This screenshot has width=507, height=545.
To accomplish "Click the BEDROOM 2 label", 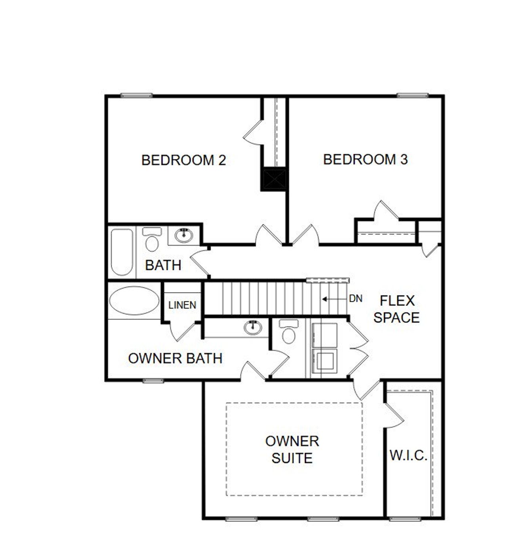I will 183,160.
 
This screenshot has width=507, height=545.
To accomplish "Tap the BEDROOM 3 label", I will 365,159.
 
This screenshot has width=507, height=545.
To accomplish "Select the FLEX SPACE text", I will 396,309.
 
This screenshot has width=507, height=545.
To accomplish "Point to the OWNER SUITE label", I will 292,449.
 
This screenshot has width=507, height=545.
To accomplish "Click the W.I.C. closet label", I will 408,455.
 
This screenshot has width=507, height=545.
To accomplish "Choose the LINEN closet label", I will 182,305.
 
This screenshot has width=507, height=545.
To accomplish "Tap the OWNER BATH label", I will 175,358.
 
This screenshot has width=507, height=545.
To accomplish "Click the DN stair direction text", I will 356,298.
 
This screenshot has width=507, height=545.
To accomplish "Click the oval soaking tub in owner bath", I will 134,300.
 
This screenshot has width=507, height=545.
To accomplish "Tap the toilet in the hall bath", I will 152,239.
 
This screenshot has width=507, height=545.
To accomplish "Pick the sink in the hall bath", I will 183,235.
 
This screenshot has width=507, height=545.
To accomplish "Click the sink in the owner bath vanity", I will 253,327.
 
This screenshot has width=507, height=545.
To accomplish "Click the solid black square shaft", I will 273,179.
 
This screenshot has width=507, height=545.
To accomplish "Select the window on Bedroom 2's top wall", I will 136,95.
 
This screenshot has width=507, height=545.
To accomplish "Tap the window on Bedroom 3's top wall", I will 413,95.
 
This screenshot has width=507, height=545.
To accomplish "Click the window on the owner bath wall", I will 153,381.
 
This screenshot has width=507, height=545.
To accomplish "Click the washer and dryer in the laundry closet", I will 325,348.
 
